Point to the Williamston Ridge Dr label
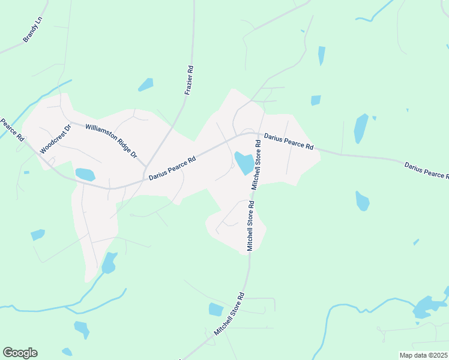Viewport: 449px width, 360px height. [112, 140]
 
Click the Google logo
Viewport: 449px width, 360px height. [20, 353]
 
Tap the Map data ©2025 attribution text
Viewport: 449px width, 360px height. [423, 355]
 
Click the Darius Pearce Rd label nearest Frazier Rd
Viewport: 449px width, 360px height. [172, 169]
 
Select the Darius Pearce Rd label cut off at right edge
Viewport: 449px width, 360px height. [426, 170]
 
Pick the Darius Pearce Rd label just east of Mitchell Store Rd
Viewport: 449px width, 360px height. [289, 142]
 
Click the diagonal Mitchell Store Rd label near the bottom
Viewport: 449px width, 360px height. [229, 314]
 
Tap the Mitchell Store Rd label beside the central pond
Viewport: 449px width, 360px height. [256, 165]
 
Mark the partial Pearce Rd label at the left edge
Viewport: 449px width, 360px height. [11, 130]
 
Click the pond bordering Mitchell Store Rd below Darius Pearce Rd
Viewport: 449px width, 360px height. [244, 162]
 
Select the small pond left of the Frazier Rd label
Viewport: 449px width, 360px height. [146, 85]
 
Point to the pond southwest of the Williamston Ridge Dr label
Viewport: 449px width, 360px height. [85, 175]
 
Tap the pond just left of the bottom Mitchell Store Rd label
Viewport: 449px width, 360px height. [215, 309]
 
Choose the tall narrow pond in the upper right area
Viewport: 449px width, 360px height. [361, 128]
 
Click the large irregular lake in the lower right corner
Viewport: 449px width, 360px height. [426, 307]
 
